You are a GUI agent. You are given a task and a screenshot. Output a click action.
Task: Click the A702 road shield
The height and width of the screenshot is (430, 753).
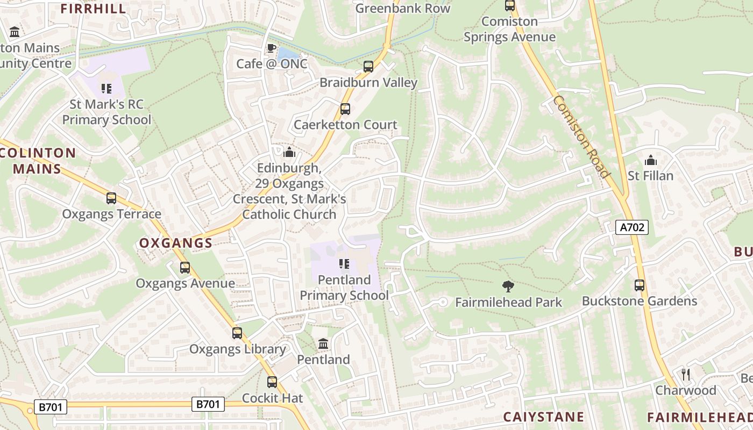631,227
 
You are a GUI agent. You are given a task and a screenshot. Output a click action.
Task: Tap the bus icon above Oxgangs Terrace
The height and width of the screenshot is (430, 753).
111,198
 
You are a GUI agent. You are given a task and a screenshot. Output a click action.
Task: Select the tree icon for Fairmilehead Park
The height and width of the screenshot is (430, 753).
507,286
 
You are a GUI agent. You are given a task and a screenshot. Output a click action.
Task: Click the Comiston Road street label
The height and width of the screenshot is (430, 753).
581,137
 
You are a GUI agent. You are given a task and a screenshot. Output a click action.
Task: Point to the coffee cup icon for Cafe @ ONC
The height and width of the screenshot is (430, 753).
272,48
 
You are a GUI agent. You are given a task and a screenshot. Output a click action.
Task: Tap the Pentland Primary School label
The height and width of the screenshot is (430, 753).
344,288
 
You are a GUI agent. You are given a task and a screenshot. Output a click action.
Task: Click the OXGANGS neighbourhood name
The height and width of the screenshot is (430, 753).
176,243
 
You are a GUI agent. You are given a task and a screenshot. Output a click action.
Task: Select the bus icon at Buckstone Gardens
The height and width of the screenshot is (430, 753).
639,285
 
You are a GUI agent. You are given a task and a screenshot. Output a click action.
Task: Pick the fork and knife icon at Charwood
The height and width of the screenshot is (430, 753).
685,374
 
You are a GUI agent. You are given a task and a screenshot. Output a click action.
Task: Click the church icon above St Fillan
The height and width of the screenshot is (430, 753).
650,160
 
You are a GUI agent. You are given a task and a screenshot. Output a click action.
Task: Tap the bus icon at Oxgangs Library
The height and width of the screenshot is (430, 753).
237,333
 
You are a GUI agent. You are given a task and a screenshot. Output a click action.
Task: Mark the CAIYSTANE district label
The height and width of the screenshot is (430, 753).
543,417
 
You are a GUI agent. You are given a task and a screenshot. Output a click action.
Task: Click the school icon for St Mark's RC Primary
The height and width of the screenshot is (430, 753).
106,88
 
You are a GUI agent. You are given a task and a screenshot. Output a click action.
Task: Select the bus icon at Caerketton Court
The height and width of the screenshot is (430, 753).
345,109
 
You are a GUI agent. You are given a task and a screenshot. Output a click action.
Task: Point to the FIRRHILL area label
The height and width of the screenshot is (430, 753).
93,9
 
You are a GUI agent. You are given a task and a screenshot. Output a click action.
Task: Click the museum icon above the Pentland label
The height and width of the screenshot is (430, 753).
323,343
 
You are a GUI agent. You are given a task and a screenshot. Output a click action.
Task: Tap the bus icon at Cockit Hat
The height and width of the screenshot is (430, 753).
272,382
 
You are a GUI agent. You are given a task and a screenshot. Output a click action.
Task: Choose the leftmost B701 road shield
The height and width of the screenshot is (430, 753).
51,407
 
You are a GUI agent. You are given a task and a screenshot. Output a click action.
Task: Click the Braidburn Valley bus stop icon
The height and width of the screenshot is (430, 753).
368,67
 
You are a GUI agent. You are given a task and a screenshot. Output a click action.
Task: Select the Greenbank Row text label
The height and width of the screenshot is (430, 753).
402,8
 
